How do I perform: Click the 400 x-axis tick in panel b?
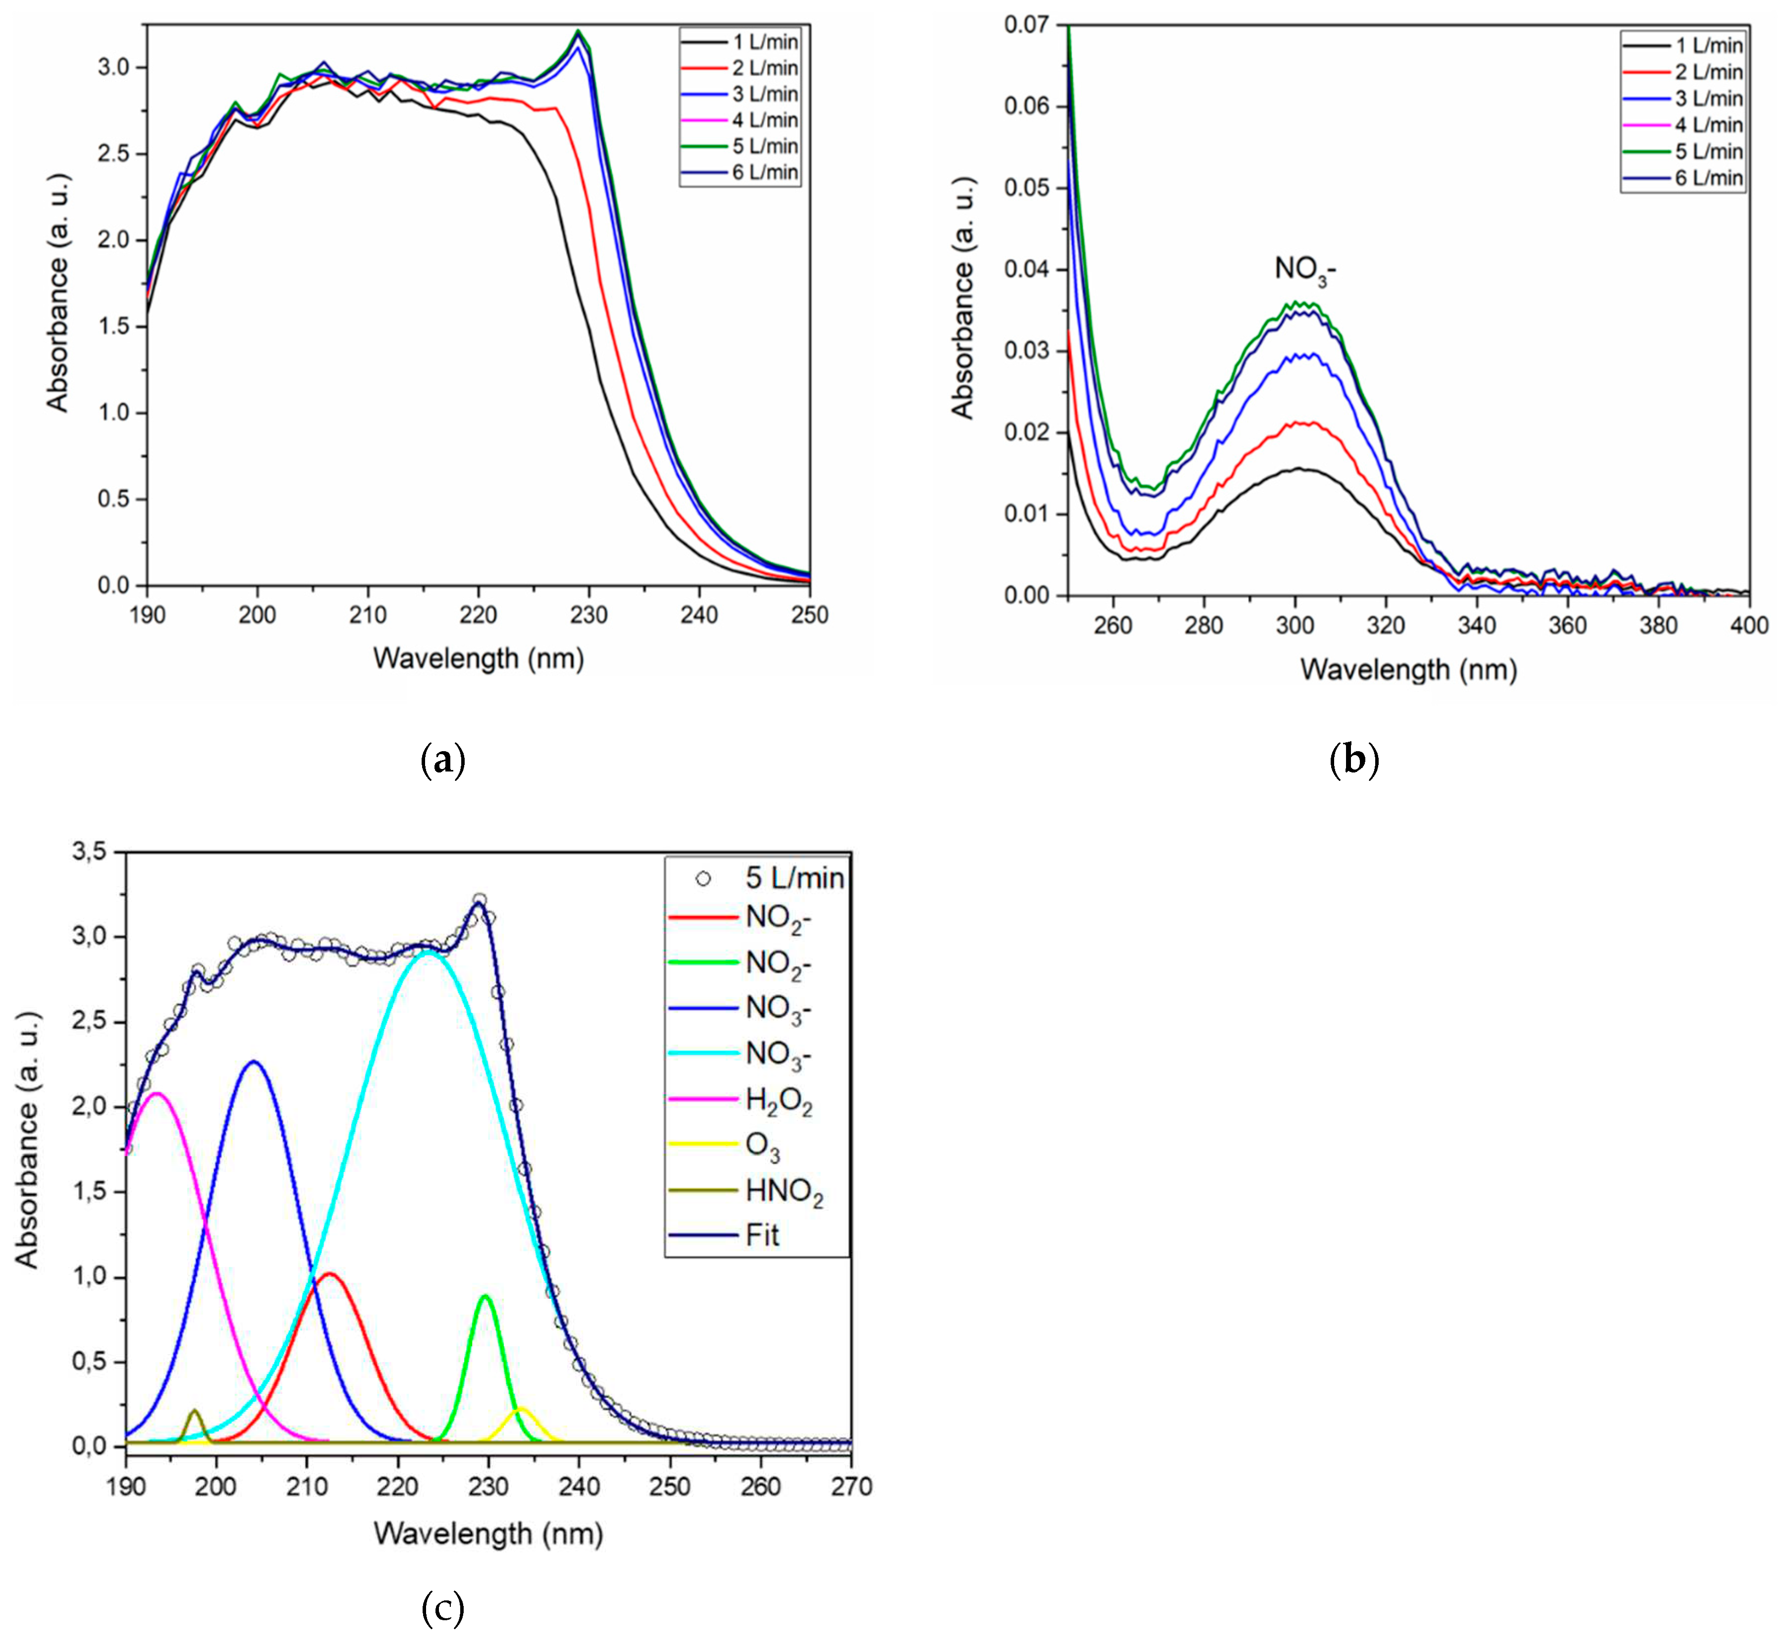coord(1748,626)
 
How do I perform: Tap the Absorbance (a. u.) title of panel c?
coord(28,1140)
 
